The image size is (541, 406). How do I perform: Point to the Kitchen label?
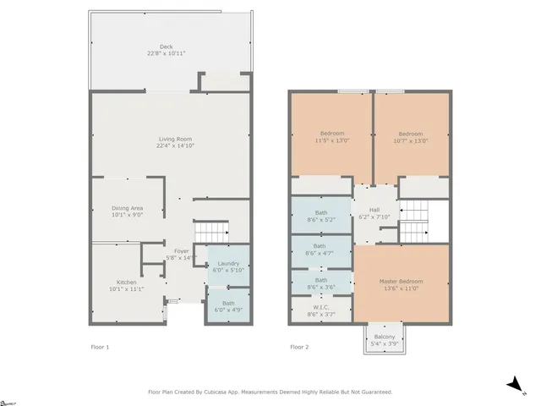click(x=127, y=283)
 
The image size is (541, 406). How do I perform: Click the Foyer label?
click(x=182, y=251)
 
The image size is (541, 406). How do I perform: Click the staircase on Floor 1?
click(x=211, y=230)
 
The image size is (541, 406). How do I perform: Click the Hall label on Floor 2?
click(x=374, y=211)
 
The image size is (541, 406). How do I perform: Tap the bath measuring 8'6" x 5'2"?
click(x=321, y=217)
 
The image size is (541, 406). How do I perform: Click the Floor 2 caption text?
click(x=299, y=347)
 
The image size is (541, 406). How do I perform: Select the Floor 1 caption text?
click(x=100, y=347)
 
